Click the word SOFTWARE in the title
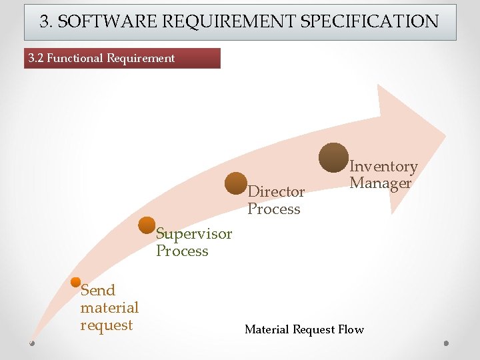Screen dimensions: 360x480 click(x=100, y=21)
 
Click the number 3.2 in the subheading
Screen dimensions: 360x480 click(x=36, y=58)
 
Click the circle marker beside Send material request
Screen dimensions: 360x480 click(x=75, y=282)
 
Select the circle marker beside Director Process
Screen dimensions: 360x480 click(x=236, y=183)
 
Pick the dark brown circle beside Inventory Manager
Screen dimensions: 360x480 click(x=333, y=157)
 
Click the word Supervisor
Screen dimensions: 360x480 click(x=194, y=234)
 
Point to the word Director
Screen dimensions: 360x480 click(x=276, y=192)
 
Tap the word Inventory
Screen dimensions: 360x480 click(x=383, y=167)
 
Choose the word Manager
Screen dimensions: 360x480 click(x=381, y=183)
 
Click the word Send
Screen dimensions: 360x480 click(x=98, y=291)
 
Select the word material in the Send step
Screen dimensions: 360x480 click(x=109, y=308)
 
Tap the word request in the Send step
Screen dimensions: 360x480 click(x=107, y=325)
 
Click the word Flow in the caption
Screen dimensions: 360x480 click(x=351, y=329)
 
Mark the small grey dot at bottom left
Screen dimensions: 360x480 click(x=32, y=343)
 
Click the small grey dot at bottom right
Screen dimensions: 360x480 click(x=447, y=343)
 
